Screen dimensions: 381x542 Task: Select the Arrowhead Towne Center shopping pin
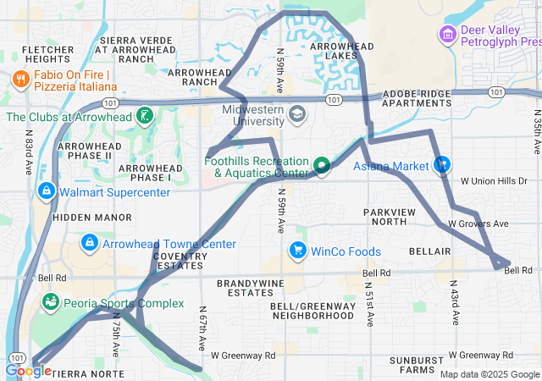(x=88, y=244)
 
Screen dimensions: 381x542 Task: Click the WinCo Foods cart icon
(x=297, y=251)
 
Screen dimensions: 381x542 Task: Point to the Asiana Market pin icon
(x=440, y=164)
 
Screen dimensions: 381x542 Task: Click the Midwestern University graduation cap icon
(x=296, y=113)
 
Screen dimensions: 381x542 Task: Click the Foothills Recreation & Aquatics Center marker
(x=322, y=165)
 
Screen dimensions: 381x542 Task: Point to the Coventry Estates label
(x=180, y=262)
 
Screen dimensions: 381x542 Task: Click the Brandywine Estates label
(x=244, y=288)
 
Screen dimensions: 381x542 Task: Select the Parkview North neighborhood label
(x=390, y=216)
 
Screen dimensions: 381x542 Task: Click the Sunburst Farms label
(x=417, y=365)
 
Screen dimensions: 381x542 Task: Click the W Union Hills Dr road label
(x=493, y=181)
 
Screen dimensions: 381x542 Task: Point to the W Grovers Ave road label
(x=478, y=224)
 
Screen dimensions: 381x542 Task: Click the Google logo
(x=28, y=370)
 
